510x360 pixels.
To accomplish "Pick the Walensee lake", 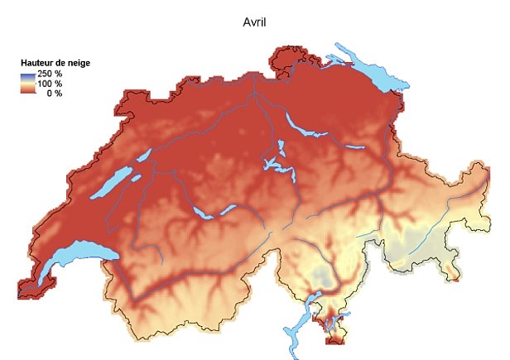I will tap(354, 148).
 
